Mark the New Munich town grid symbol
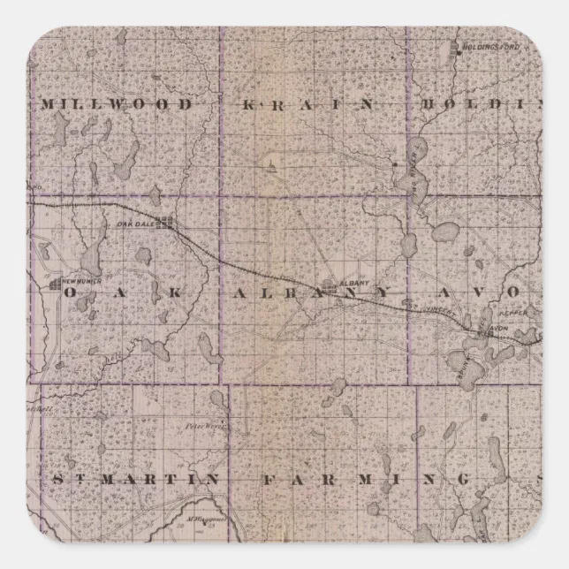[x=55, y=284]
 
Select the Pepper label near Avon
[x=514, y=313]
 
